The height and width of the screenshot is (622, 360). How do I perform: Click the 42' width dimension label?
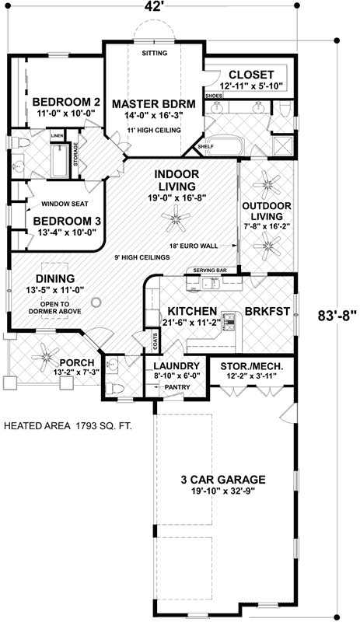tap(150, 7)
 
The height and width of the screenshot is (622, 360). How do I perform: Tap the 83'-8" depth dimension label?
tap(335, 316)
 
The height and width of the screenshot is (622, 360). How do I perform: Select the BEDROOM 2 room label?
tap(66, 102)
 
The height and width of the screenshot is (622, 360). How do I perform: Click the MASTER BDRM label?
tap(154, 104)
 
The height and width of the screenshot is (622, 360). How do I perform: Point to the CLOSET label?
tap(251, 75)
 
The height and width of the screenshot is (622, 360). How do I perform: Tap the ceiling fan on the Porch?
tap(45, 355)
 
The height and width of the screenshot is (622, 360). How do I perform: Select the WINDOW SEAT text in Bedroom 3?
tap(65, 204)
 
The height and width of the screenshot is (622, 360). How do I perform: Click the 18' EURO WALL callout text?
tap(193, 246)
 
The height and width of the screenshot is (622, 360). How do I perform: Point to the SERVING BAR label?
tap(210, 270)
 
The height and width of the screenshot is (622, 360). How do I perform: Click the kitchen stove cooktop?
tap(230, 321)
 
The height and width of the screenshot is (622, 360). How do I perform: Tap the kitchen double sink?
tap(211, 283)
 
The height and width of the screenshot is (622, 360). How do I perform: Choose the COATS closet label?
tap(155, 341)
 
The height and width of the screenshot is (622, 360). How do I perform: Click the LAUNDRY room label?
tap(177, 366)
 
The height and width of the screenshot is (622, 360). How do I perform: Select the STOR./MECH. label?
tap(252, 365)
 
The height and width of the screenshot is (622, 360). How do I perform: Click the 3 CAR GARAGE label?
tap(223, 480)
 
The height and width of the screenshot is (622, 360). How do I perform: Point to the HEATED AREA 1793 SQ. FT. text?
tap(68, 426)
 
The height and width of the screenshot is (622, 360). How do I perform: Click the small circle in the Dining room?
tap(96, 302)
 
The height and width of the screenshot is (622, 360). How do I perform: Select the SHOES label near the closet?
tap(214, 96)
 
